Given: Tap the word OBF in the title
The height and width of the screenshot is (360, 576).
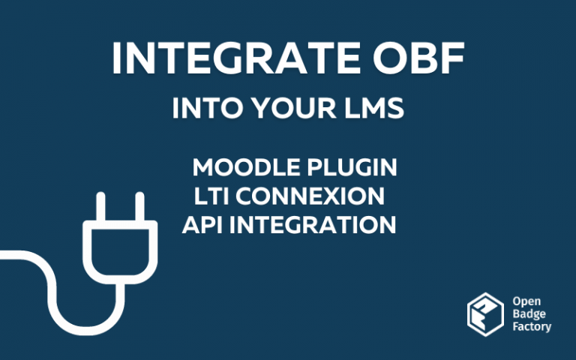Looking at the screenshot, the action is (418, 58).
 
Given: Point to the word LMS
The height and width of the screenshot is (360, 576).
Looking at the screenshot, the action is (374, 108).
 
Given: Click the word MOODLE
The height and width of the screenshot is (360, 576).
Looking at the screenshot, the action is (246, 167).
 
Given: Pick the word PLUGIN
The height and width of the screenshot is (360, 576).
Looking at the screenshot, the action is (352, 167).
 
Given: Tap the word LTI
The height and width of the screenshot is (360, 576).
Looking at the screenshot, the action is (211, 196).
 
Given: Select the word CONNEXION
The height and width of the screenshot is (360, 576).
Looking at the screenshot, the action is (310, 196).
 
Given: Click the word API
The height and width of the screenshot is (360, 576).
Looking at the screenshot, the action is (202, 225).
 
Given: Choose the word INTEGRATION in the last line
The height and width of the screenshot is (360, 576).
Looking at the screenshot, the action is (313, 225).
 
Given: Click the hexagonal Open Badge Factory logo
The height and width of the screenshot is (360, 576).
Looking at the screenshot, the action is (486, 314).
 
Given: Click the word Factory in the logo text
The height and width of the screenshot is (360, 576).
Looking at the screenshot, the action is (532, 327).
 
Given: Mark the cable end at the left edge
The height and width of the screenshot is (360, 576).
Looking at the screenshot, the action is (2, 255).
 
